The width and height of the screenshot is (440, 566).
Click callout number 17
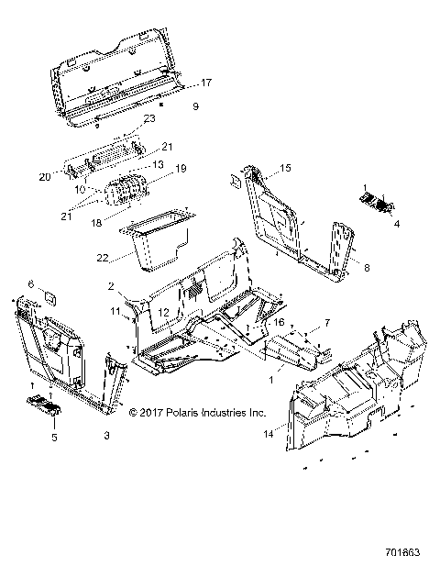[206, 83]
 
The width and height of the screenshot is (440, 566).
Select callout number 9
[195, 107]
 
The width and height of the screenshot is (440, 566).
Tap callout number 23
[149, 118]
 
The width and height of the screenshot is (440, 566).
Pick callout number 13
[157, 164]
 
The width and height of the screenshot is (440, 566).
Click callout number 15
[285, 168]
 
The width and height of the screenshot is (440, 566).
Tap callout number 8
[367, 268]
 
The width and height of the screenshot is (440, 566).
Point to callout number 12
[162, 313]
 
